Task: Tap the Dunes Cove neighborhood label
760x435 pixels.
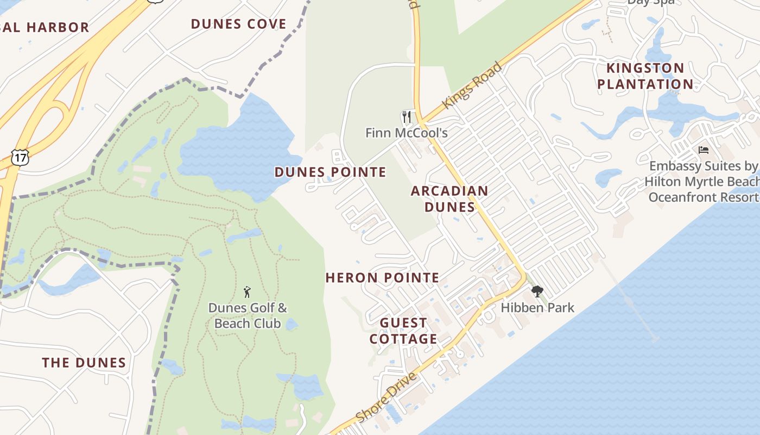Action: (238, 24)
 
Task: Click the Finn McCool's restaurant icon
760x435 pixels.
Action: (406, 117)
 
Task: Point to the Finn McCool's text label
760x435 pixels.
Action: (406, 133)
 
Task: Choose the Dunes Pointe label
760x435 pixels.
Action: (330, 172)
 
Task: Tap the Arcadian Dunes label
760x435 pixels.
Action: (449, 198)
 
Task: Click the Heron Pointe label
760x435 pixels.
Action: (382, 278)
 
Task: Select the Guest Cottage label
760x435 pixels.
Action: (403, 331)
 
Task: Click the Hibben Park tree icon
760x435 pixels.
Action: (537, 291)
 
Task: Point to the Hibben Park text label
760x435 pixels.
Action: (537, 308)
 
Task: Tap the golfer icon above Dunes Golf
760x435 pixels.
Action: (248, 292)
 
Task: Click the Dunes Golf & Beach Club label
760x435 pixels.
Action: (248, 315)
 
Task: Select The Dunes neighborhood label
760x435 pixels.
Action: (84, 363)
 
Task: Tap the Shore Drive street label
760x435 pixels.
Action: (387, 397)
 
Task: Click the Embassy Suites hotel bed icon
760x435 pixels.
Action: (704, 150)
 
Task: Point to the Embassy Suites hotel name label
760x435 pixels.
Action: (704, 181)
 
